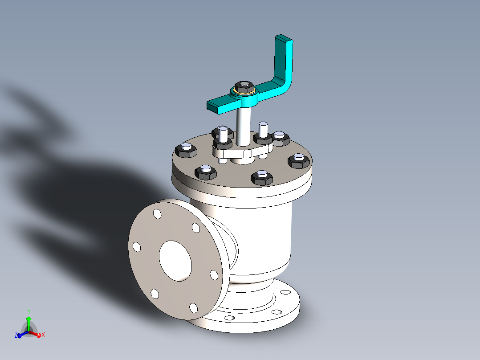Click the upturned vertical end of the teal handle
pyautogui.click(x=285, y=58)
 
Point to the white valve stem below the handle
pyautogui.click(x=243, y=127)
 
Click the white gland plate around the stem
pyautogui.click(x=240, y=153)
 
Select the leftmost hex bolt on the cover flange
pyautogui.click(x=186, y=150)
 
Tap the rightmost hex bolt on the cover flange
pyautogui.click(x=298, y=160)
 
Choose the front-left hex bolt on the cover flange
pyautogui.click(x=206, y=172)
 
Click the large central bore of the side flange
pyautogui.click(x=175, y=261)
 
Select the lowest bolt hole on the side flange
pyautogui.click(x=193, y=308)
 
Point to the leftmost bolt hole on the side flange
pyautogui.click(x=137, y=247)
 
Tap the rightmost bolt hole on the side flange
pyautogui.click(x=214, y=275)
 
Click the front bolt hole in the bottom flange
pyautogui.click(x=229, y=318)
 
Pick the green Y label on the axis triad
pyautogui.click(x=28, y=311)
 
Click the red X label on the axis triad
pyautogui.click(x=43, y=335)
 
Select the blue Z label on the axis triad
pyautogui.click(x=16, y=335)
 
